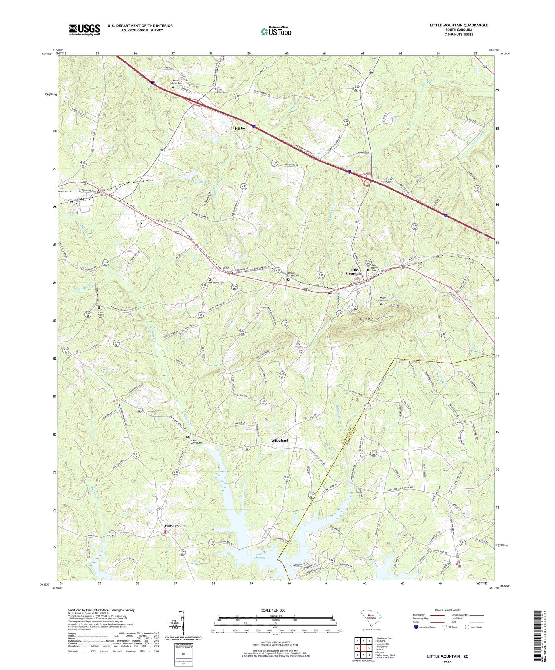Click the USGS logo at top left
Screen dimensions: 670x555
tap(84, 29)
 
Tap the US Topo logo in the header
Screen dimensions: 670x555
tap(276, 31)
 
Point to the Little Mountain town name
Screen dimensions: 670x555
tap(353, 271)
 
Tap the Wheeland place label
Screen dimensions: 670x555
tap(279, 441)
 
